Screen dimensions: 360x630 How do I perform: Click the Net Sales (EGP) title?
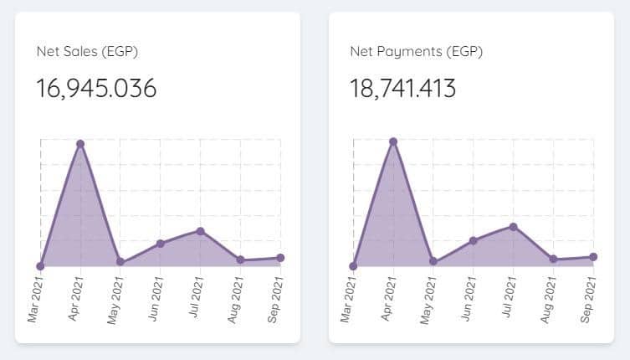point(87,52)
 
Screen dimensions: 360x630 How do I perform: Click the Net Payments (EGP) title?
point(416,52)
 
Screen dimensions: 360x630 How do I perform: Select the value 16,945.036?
point(96,88)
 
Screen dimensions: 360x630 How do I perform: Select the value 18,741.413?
point(402,88)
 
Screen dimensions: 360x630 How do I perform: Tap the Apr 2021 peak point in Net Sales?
point(80,144)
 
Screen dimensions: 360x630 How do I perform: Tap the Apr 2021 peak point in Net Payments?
point(393,141)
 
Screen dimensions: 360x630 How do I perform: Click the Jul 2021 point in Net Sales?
point(201,231)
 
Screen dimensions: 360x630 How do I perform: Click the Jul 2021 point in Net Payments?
point(514,227)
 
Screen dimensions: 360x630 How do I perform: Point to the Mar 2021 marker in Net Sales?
point(40,266)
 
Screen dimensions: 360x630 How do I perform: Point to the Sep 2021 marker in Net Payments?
point(593,257)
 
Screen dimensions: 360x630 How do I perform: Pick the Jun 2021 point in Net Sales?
point(161,244)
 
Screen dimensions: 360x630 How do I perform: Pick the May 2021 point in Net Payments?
point(433,261)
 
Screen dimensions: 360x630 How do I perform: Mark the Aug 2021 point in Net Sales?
point(241,260)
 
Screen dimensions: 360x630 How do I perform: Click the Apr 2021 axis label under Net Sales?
point(75,300)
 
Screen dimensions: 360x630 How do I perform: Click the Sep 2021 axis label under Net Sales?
point(276,300)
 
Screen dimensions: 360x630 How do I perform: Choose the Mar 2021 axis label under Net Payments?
point(349,300)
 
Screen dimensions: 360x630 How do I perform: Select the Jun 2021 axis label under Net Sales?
point(156,300)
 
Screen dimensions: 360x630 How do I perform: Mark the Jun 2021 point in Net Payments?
point(474,240)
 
